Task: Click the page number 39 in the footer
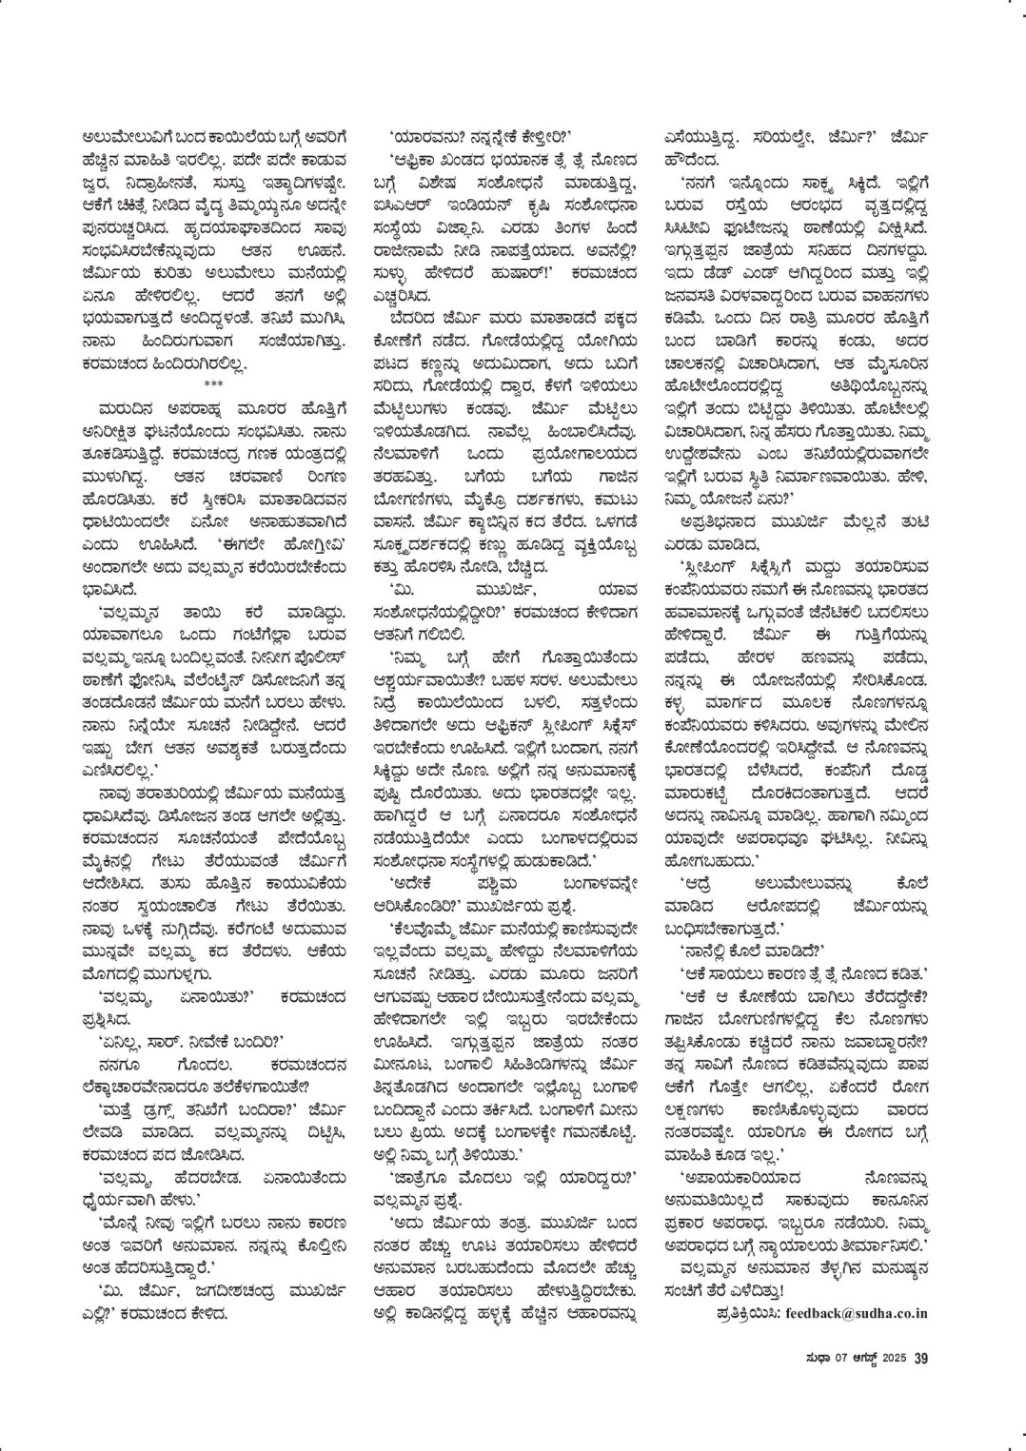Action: (920, 1358)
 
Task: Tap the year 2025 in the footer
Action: (895, 1358)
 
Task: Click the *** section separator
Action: (212, 383)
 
